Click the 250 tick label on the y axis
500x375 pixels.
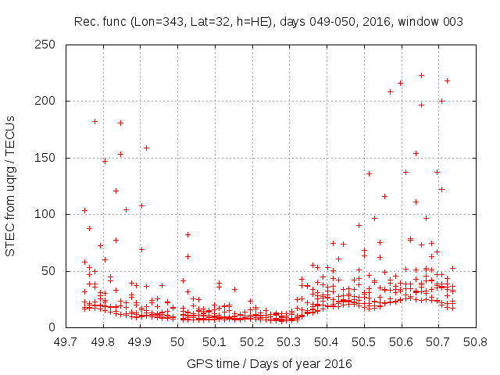[49, 45]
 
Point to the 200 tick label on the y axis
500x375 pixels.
[49, 102]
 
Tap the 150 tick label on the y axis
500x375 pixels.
[49, 158]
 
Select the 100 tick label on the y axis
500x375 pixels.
[49, 214]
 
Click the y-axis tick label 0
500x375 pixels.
[55, 327]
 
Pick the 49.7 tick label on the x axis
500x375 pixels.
[66, 341]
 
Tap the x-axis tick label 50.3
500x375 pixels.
[289, 341]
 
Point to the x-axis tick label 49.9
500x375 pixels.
[141, 341]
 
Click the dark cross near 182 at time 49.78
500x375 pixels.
[95, 121]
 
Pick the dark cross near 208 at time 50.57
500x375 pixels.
[390, 91]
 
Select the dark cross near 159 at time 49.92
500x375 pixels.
[146, 148]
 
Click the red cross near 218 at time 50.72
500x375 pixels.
[447, 80]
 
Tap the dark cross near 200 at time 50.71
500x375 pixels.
[441, 101]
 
